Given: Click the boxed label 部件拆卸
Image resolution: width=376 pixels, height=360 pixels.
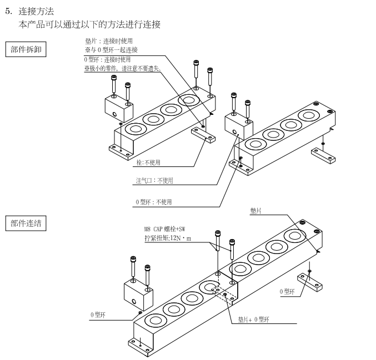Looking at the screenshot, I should (x=26, y=49).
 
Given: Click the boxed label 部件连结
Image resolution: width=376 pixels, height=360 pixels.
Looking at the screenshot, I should (x=26, y=224).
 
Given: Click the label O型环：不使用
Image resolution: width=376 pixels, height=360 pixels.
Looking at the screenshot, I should (x=153, y=202).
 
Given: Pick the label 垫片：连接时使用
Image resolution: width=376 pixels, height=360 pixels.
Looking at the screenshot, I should (x=108, y=41).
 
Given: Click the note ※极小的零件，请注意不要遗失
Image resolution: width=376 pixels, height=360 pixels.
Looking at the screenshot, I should (x=122, y=68).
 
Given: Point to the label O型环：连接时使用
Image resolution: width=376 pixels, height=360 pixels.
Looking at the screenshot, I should (x=107, y=59).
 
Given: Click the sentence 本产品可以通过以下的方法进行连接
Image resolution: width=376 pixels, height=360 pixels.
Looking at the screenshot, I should (x=89, y=26).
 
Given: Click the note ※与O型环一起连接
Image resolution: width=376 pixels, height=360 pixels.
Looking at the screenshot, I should (x=111, y=50).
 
